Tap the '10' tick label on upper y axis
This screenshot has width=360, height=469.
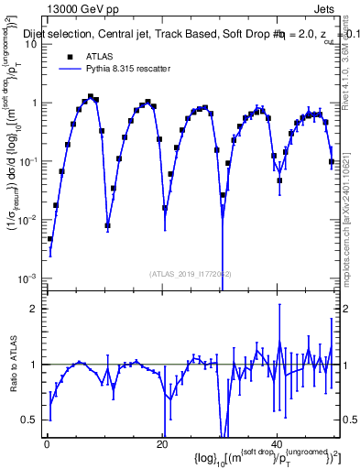[29, 44]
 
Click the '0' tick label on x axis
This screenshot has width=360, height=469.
[47, 444]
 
